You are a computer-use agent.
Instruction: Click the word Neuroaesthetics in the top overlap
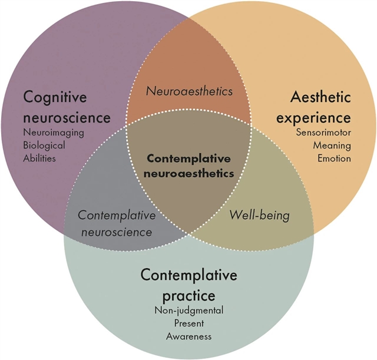(x=188, y=91)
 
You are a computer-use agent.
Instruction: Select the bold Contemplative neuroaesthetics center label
(x=188, y=166)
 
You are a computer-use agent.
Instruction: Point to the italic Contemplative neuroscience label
(x=117, y=223)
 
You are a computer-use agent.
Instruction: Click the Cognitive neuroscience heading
(x=67, y=107)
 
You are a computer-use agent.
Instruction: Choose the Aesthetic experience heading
(x=320, y=107)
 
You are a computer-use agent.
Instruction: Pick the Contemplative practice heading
(x=188, y=284)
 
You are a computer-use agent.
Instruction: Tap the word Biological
(x=44, y=145)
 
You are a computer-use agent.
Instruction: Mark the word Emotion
(x=334, y=158)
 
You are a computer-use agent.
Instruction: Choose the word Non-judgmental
(x=188, y=311)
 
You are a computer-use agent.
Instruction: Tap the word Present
(x=188, y=323)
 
